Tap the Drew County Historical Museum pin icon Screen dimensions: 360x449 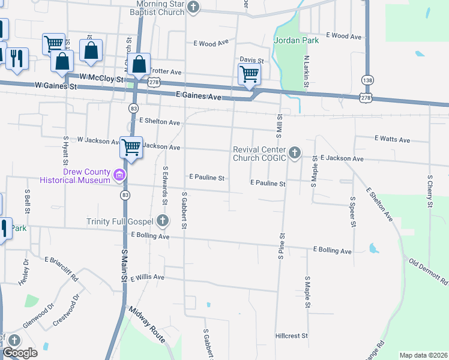(x=119, y=176)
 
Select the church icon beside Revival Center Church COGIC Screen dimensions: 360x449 (x=294, y=153)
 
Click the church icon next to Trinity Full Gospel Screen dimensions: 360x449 (x=161, y=221)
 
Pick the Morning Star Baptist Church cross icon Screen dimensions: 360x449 (x=193, y=7)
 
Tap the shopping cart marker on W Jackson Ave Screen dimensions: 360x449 (x=131, y=146)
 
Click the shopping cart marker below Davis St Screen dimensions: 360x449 (x=249, y=74)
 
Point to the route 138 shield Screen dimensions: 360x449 (x=367, y=80)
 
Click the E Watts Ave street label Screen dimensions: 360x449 (x=392, y=140)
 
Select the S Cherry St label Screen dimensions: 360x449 (x=430, y=191)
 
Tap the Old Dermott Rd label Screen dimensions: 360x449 (x=429, y=272)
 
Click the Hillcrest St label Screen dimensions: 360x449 (x=291, y=336)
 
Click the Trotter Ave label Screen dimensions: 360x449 (x=165, y=71)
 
